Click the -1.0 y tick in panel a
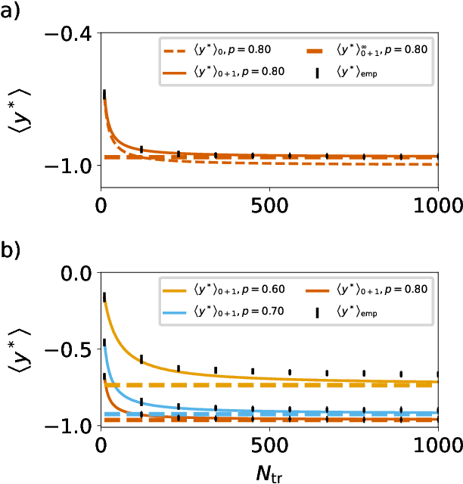point(70,165)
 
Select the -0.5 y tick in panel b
point(70,350)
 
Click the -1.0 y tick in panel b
point(70,427)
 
